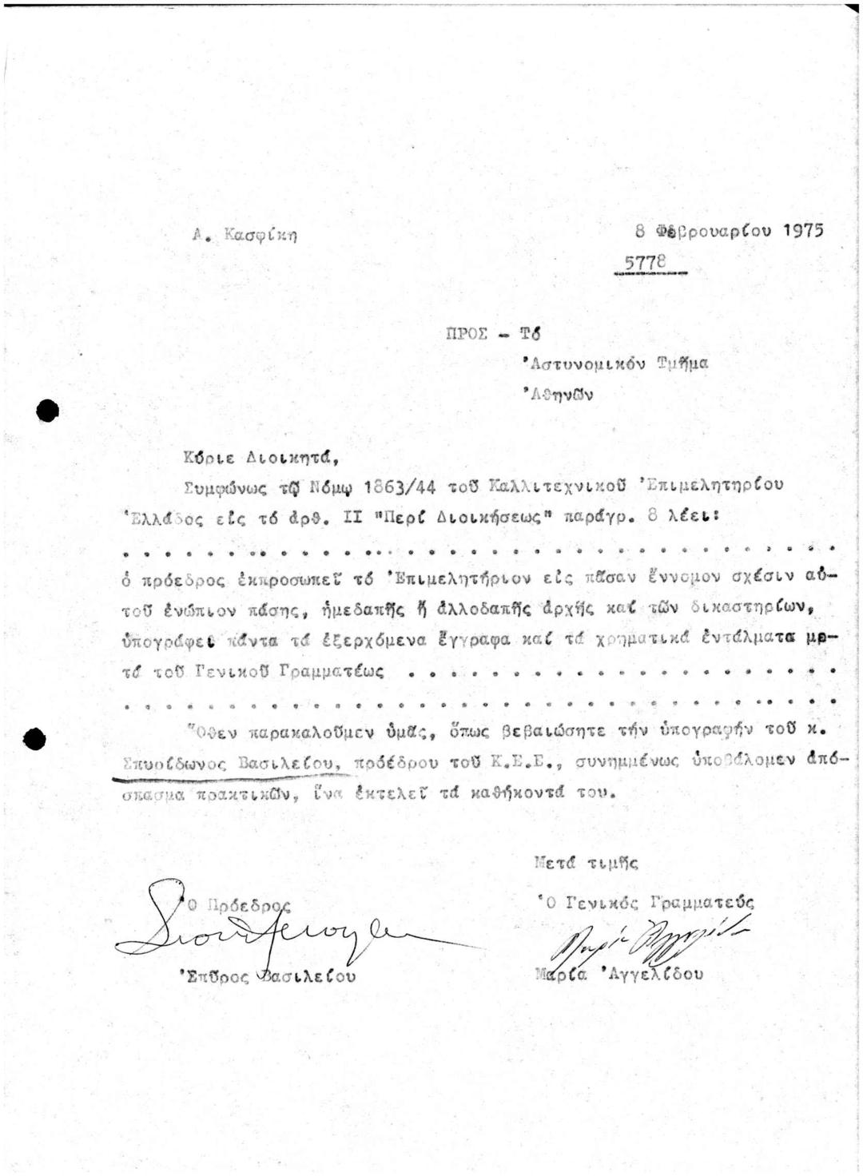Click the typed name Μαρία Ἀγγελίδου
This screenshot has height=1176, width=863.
click(x=619, y=975)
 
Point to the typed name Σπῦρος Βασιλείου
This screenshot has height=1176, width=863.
click(x=268, y=976)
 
